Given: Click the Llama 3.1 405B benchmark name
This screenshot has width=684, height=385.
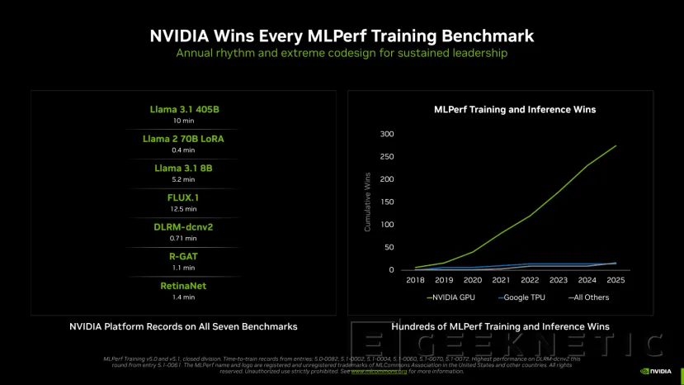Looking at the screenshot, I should pos(183,109).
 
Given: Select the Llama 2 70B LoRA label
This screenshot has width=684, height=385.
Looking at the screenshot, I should pos(183,139).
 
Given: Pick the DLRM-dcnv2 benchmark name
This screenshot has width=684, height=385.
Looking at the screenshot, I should pos(183,227).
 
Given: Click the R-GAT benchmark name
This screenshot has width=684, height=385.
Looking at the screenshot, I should pos(183,257).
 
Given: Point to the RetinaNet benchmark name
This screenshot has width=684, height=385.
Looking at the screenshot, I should pos(183,286).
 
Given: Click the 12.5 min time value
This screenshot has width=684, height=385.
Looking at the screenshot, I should pos(183,208).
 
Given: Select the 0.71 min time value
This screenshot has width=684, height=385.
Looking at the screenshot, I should pos(183,238).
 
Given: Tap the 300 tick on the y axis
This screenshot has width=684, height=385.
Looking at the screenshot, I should pos(386,134).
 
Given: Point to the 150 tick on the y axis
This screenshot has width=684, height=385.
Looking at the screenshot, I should pos(386,202).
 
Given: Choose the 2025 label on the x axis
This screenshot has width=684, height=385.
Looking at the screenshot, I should pos(616,281).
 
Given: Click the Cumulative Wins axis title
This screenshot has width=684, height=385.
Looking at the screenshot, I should pos(367,202).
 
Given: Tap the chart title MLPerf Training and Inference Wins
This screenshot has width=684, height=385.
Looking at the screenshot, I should pos(515,109).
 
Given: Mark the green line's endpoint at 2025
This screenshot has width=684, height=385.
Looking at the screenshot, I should pos(616,145).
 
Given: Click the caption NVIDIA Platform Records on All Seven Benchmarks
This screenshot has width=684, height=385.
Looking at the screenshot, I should pos(183,327).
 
